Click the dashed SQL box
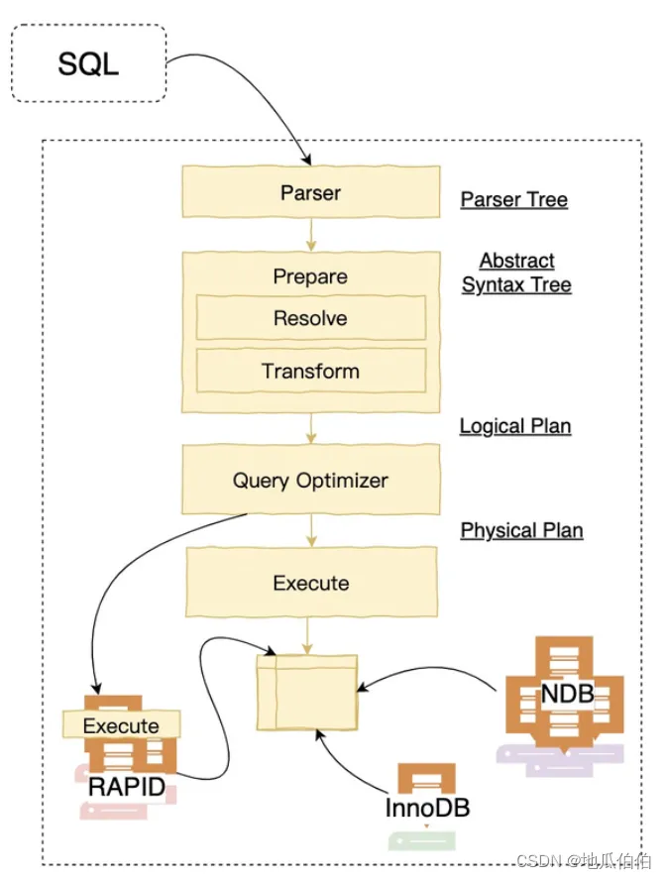pos(88,62)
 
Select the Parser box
pos(310,191)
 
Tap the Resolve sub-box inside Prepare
pos(310,318)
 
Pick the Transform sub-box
pos(310,371)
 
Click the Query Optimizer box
pos(310,480)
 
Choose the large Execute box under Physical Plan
pos(311,583)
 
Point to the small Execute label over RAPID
pos(121,725)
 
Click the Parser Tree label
pos(514,199)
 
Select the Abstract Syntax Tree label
pos(517,273)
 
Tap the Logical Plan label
pos(515,426)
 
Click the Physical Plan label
pos(521,530)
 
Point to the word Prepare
pos(310,276)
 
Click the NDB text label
pos(567,694)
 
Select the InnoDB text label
pos(427,808)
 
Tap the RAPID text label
pos(126,787)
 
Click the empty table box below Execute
pos(307,693)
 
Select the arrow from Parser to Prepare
pos(311,234)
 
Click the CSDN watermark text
pos(583,860)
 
